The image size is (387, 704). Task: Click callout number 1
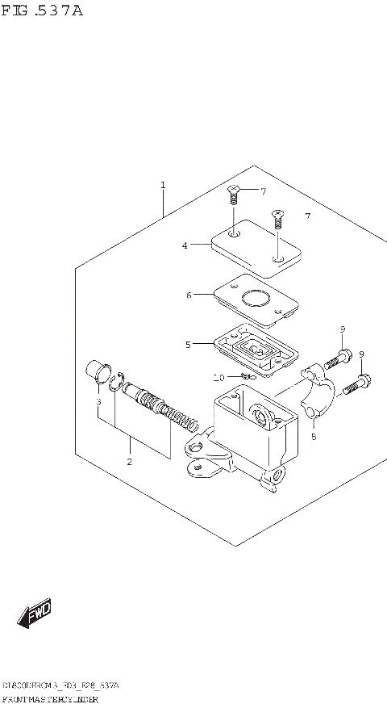[163, 186]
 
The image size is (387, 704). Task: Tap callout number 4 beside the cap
[185, 245]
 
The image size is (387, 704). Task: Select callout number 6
[189, 295]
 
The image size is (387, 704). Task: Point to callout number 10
[218, 378]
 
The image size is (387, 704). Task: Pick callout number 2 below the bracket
[129, 462]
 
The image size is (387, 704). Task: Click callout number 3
[98, 401]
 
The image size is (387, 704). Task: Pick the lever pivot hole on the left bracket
[194, 446]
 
